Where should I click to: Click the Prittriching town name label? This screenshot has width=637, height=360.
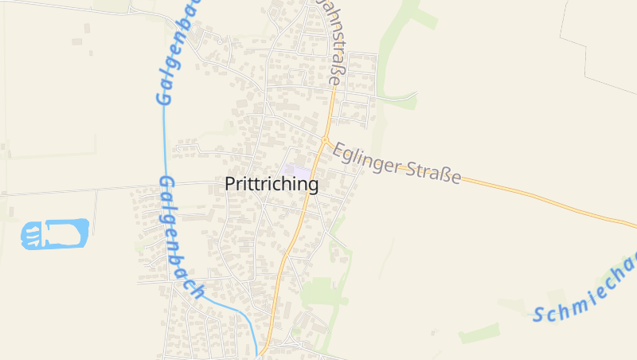[272, 185]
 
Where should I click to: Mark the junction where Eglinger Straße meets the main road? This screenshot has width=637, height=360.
[325, 142]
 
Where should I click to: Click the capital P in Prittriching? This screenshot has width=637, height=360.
[231, 185]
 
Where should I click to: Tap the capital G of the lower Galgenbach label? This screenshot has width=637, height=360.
[166, 186]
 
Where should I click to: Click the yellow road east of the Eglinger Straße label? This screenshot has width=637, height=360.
[541, 196]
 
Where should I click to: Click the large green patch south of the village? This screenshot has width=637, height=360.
[318, 291]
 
